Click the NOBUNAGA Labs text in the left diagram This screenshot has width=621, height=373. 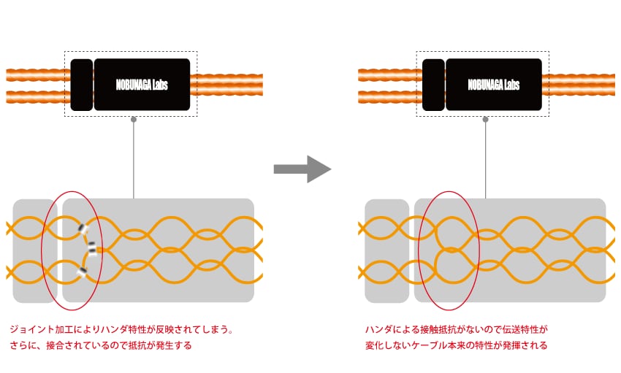(x=142, y=85)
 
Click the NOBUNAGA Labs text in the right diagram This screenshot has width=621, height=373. (x=494, y=85)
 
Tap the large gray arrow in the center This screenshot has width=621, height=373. (x=302, y=169)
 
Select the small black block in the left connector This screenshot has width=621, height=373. (x=82, y=85)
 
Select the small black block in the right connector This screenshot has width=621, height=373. (x=433, y=85)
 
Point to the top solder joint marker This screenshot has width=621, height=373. (x=84, y=231)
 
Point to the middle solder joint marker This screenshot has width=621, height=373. (x=91, y=250)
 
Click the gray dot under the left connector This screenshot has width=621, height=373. (x=133, y=118)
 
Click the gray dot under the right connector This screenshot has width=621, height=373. (x=485, y=118)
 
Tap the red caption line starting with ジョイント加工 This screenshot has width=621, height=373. (x=121, y=330)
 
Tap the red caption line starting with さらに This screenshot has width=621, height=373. (x=100, y=345)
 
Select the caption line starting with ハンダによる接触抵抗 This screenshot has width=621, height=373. (x=456, y=330)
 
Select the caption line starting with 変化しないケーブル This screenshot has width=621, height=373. (x=456, y=345)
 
